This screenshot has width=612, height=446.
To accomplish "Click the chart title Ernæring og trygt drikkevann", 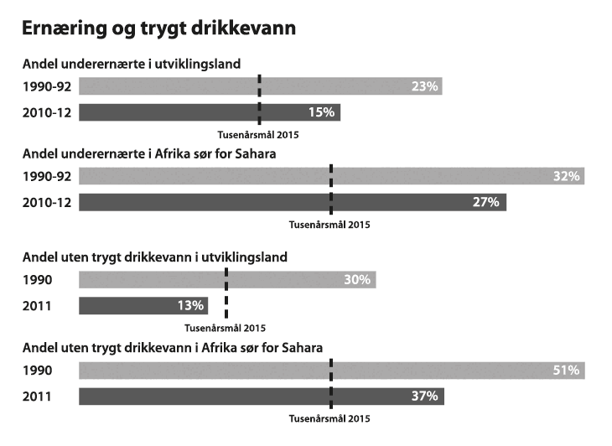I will pyautogui.click(x=158, y=28).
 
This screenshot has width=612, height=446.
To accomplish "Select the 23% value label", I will pyautogui.click(x=425, y=86).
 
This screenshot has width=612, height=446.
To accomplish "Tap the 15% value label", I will pyautogui.click(x=322, y=112).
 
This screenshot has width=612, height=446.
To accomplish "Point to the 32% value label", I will pyautogui.click(x=566, y=177).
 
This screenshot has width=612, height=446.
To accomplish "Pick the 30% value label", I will pyautogui.click(x=357, y=280).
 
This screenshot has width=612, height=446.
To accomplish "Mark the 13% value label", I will pyautogui.click(x=191, y=305).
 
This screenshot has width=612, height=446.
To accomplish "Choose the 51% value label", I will pyautogui.click(x=566, y=371).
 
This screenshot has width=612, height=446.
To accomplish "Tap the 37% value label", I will pyautogui.click(x=425, y=396).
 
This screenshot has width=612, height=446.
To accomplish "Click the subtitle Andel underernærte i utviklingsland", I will pyautogui.click(x=132, y=64).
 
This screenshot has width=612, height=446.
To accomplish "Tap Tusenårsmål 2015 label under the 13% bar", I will pyautogui.click(x=225, y=328).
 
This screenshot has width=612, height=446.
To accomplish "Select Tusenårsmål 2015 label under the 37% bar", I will pyautogui.click(x=329, y=417).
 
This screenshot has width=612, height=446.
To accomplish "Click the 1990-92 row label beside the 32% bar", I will pyautogui.click(x=47, y=177).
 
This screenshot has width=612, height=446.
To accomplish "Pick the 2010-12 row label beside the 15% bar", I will pyautogui.click(x=47, y=112).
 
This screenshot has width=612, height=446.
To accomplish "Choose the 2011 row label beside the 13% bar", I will pyautogui.click(x=38, y=305).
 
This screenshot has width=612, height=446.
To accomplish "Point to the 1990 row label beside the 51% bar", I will pyautogui.click(x=38, y=371).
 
